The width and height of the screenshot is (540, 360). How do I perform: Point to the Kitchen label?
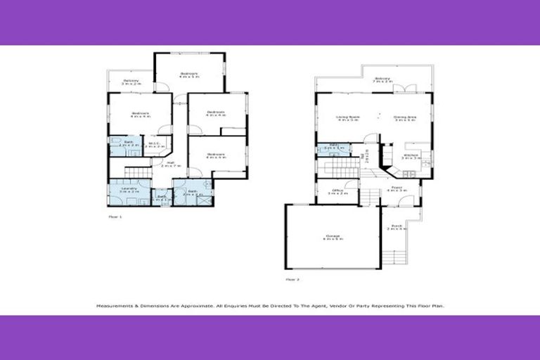coord(411,156)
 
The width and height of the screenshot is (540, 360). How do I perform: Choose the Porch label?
coord(397,227)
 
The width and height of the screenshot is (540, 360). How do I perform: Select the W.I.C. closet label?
coord(155,145)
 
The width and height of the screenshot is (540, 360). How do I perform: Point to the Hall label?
coord(171,164)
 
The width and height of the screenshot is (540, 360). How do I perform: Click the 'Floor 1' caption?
coord(115,217)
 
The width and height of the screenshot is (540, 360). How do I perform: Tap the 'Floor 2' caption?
coord(292,279)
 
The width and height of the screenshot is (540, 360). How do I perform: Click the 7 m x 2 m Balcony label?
coord(382,79)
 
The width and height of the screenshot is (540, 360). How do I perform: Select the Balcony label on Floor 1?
coord(131,81)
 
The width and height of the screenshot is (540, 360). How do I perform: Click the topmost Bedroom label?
coord(189,75)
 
